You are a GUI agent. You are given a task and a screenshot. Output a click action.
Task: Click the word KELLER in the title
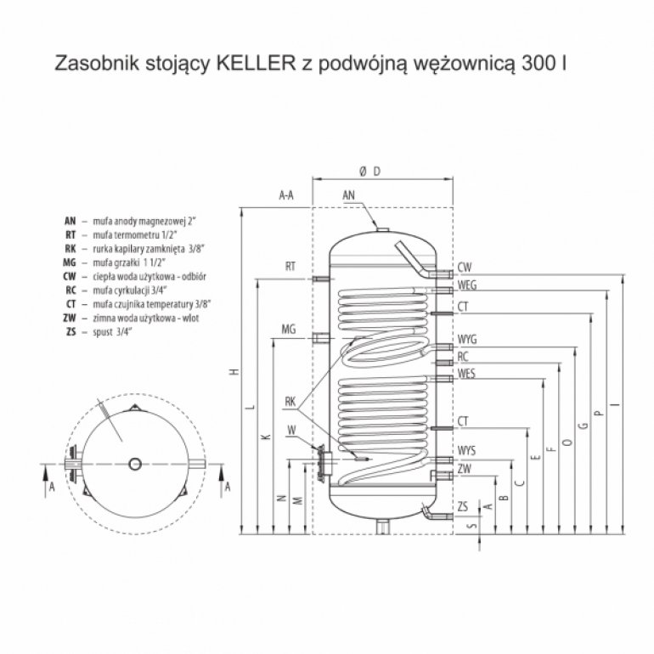(x=257, y=64)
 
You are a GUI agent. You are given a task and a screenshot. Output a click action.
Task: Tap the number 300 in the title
(x=538, y=64)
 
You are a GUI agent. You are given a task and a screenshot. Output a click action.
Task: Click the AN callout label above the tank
(x=349, y=195)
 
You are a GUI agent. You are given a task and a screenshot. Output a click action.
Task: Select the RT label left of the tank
(x=290, y=266)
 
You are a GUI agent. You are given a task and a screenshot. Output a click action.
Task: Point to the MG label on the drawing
(x=289, y=329)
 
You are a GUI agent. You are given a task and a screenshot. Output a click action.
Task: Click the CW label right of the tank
(x=465, y=268)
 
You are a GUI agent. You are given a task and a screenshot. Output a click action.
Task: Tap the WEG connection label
(x=467, y=285)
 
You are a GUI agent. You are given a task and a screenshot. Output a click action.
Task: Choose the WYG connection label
(x=467, y=340)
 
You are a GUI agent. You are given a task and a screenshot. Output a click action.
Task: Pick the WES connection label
(x=466, y=373)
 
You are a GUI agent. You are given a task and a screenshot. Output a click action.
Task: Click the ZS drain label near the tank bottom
(x=463, y=507)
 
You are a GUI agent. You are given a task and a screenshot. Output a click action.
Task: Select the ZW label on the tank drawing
(x=465, y=469)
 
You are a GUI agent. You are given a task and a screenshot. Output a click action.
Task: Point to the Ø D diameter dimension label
(x=370, y=172)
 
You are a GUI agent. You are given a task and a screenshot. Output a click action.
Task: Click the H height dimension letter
(x=235, y=371)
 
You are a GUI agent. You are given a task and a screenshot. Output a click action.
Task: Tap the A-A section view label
(x=286, y=195)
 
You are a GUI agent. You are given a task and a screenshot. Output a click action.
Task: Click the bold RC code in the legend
(x=70, y=290)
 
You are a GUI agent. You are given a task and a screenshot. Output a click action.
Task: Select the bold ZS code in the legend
(x=70, y=332)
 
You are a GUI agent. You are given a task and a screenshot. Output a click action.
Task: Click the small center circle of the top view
(x=135, y=464)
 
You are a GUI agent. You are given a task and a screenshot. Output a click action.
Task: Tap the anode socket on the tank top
(x=382, y=229)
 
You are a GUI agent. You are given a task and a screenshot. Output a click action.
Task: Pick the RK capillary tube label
(x=290, y=402)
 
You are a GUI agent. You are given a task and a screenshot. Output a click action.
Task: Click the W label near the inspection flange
(x=291, y=431)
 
